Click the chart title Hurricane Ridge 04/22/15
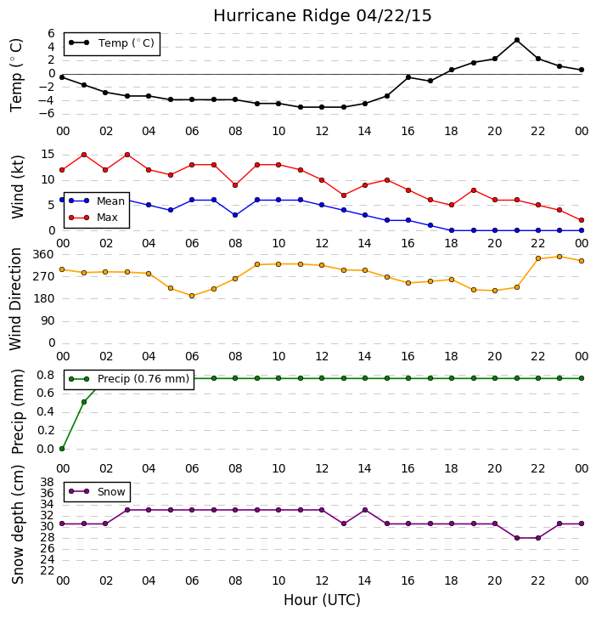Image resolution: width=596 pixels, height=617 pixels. click(x=323, y=16)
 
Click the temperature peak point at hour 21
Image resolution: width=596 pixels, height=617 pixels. click(x=516, y=40)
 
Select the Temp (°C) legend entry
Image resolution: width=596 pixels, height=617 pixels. click(x=112, y=42)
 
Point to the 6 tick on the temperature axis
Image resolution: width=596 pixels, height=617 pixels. click(x=51, y=33)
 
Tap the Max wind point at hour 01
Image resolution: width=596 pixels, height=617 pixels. click(x=84, y=155)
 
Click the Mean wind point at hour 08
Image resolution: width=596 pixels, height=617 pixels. click(x=235, y=215)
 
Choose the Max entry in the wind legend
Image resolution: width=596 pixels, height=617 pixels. click(x=93, y=218)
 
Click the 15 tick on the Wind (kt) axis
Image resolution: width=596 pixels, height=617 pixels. click(x=48, y=155)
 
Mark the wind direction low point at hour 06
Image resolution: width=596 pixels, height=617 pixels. click(x=192, y=296)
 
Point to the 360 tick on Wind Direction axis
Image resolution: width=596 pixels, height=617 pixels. click(x=43, y=254)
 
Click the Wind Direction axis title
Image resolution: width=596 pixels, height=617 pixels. click(x=15, y=299)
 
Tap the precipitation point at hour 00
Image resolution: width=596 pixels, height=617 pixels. click(x=62, y=449)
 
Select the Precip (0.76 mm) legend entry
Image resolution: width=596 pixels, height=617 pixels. click(x=129, y=379)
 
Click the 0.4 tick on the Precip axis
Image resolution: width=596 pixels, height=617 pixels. click(x=46, y=411)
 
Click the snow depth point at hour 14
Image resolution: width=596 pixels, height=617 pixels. click(x=365, y=510)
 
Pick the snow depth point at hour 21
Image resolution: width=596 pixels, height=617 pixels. click(x=516, y=538)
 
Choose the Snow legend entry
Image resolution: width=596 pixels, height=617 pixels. click(x=97, y=491)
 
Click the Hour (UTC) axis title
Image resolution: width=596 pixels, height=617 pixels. click(x=322, y=600)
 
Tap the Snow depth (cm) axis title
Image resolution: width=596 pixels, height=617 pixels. click(x=17, y=525)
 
